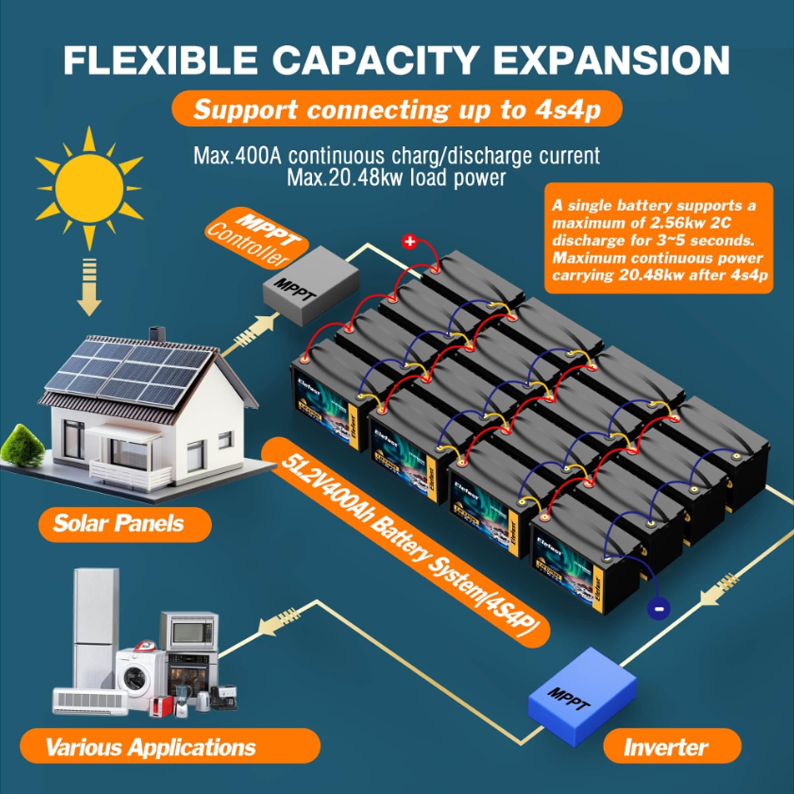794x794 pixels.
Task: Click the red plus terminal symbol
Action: coord(410,242)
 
